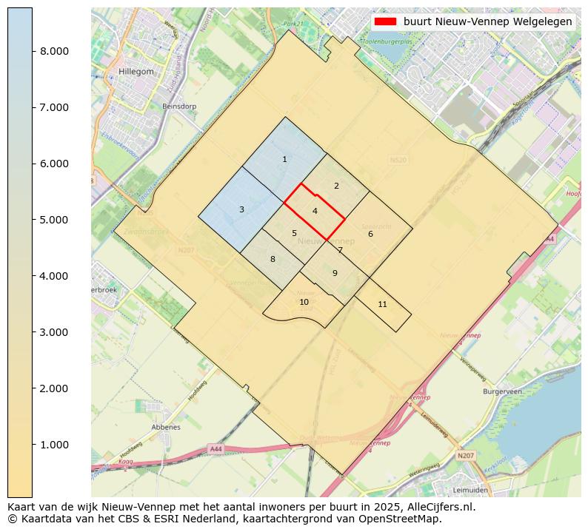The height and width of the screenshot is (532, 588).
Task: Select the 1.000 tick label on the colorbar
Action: pyautogui.click(x=54, y=445)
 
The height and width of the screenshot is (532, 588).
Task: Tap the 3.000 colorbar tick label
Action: pyautogui.click(x=54, y=332)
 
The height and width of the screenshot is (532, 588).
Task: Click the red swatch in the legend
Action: pyautogui.click(x=385, y=22)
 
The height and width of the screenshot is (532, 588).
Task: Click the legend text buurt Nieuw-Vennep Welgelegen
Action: pyautogui.click(x=487, y=22)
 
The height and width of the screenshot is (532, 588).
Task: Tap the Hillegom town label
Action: pyautogui.click(x=136, y=72)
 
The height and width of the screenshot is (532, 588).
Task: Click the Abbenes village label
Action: pyautogui.click(x=166, y=428)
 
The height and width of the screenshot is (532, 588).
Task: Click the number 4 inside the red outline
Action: pyautogui.click(x=315, y=212)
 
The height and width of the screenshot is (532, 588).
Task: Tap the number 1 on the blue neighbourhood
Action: pyautogui.click(x=284, y=160)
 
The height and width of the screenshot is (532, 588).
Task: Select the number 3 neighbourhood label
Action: pyautogui.click(x=241, y=210)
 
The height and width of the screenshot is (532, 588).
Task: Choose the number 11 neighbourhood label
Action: pyautogui.click(x=382, y=304)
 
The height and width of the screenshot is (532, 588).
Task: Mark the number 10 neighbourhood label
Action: pyautogui.click(x=304, y=302)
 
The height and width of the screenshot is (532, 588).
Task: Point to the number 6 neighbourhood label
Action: pyautogui.click(x=370, y=235)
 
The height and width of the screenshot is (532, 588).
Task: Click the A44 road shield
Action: pyautogui.click(x=216, y=449)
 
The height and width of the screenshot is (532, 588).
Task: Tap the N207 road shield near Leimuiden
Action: pyautogui.click(x=465, y=456)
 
